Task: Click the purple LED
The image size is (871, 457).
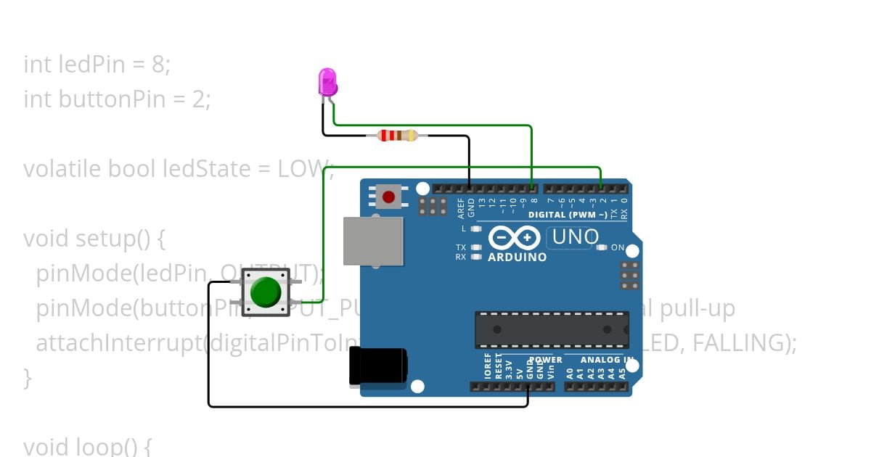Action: click(328, 81)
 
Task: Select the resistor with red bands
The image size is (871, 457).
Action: click(397, 135)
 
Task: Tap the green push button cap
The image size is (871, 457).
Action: click(266, 292)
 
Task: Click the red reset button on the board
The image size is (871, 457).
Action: click(389, 197)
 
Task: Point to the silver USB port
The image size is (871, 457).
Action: click(373, 241)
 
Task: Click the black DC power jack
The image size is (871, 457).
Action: click(377, 365)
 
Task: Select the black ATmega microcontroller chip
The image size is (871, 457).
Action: click(552, 330)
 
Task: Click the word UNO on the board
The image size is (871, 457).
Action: click(576, 236)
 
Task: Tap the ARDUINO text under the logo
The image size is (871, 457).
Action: click(518, 257)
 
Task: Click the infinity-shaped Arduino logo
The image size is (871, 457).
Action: click(515, 237)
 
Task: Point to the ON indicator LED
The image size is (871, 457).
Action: click(602, 247)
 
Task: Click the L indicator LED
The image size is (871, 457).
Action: click(476, 228)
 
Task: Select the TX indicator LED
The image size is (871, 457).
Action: click(476, 247)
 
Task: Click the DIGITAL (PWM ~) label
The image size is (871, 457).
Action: click(568, 215)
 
